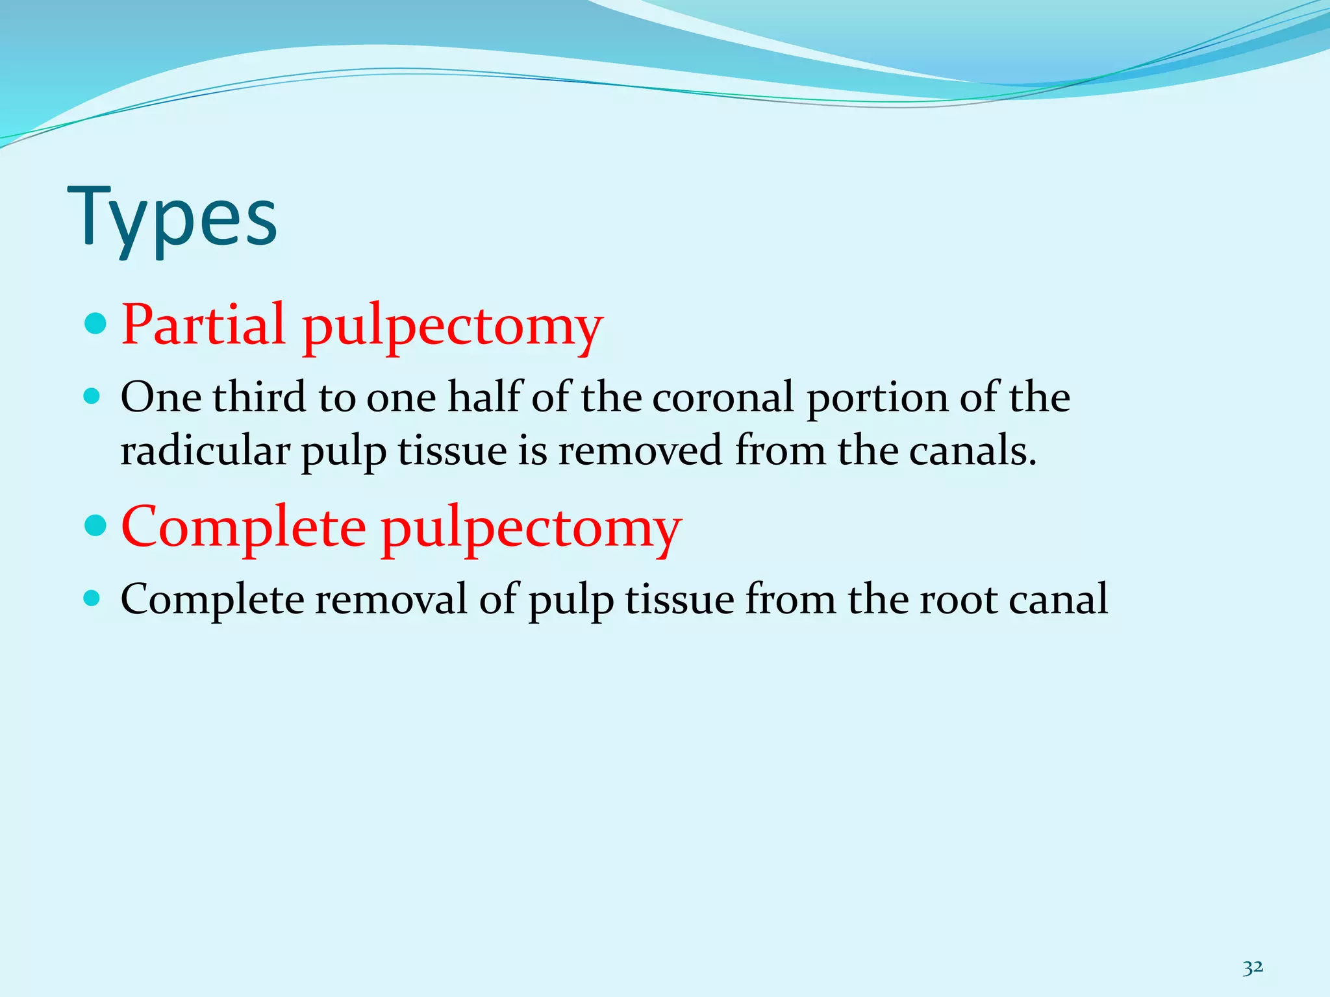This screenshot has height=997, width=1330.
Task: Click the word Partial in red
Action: tap(203, 324)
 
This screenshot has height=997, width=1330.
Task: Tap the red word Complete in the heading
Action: tap(244, 526)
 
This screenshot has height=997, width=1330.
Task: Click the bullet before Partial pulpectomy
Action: tap(95, 323)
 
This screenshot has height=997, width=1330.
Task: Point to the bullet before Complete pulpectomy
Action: tap(95, 525)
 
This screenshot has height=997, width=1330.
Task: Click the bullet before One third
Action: tap(92, 397)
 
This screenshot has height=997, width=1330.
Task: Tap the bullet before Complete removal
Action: tap(92, 598)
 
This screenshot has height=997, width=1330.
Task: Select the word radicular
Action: tap(205, 450)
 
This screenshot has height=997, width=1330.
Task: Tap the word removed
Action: tap(640, 450)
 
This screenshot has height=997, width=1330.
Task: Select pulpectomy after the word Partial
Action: tap(453, 326)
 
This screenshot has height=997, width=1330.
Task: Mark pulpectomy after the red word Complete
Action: tap(531, 529)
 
